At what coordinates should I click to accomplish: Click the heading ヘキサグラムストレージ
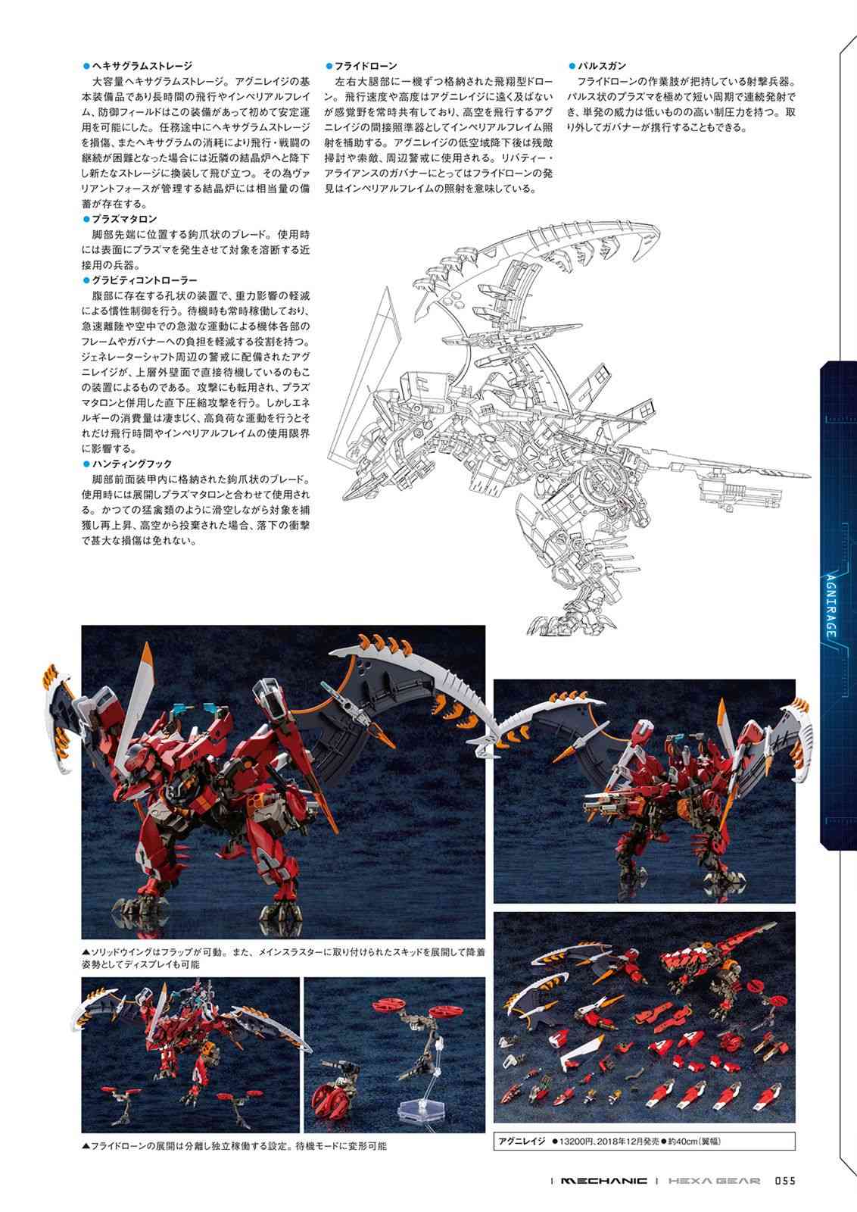[142, 66]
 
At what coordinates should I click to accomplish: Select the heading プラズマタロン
[124, 219]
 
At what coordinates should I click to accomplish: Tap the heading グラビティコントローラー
[145, 280]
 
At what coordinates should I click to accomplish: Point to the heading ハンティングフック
[132, 464]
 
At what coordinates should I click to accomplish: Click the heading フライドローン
[366, 66]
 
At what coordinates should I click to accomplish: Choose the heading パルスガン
[602, 66]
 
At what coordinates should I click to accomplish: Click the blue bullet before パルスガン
[572, 66]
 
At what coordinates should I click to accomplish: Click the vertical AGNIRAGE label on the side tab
[831, 605]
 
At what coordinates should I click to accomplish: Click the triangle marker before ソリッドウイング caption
[86, 951]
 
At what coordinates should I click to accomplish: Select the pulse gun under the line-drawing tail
[740, 493]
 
